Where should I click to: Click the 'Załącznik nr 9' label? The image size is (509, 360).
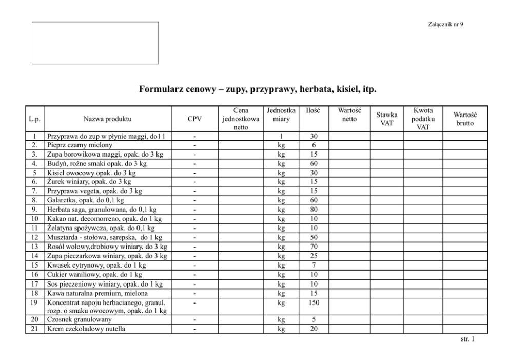click(x=445, y=25)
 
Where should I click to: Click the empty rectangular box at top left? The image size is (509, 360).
click(x=95, y=43)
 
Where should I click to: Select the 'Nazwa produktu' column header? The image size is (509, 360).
click(x=107, y=119)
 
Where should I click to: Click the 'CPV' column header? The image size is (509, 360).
click(x=194, y=119)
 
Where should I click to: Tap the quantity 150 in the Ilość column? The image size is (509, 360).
click(x=314, y=303)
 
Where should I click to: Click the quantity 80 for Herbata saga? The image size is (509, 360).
click(x=314, y=210)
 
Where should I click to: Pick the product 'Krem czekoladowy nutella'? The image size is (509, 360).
click(x=86, y=329)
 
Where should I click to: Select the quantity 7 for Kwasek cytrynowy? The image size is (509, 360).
click(x=314, y=266)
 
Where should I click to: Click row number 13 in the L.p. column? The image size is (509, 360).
click(x=34, y=247)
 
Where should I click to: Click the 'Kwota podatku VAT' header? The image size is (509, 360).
click(x=423, y=119)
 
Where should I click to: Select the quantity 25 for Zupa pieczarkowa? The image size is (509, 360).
click(x=314, y=256)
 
